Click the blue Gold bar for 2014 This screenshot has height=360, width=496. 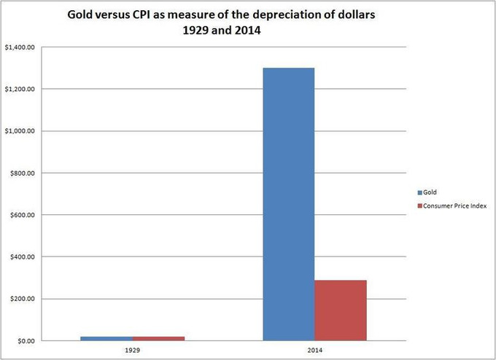[288, 204]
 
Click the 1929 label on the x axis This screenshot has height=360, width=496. [132, 349]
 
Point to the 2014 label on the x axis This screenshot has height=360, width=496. [314, 349]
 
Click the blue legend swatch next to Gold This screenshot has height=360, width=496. [419, 192]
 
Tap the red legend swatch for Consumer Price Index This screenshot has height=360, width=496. [419, 206]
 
